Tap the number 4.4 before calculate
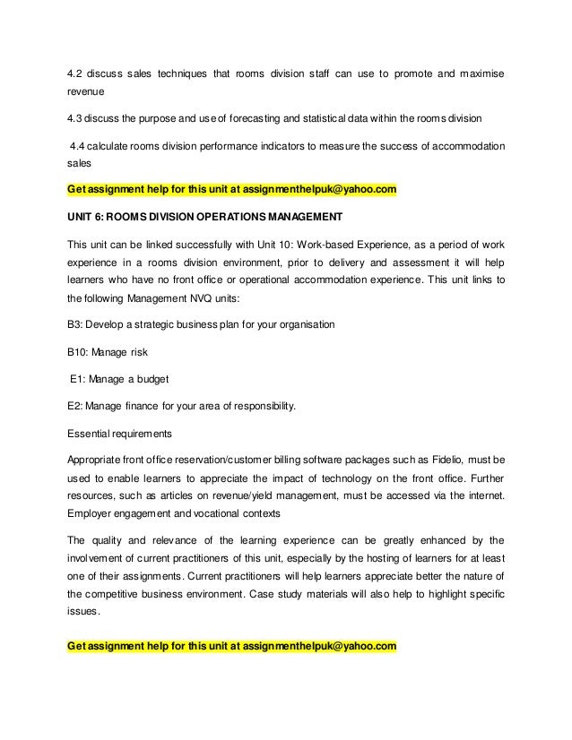click(x=81, y=146)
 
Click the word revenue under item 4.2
click(x=85, y=92)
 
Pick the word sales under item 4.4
click(x=80, y=165)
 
